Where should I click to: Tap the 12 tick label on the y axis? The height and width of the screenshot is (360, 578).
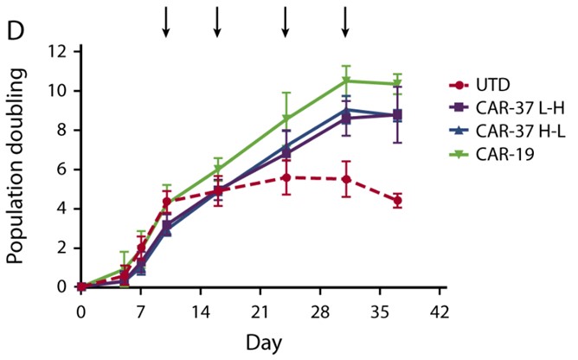tap(59, 52)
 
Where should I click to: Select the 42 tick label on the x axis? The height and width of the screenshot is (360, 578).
tap(439, 311)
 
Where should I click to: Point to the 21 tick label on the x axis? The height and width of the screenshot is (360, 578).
tap(260, 311)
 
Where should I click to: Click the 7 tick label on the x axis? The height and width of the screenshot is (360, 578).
tap(141, 311)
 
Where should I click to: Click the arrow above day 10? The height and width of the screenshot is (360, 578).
tap(166, 22)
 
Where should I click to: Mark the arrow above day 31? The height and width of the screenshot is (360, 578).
tap(345, 22)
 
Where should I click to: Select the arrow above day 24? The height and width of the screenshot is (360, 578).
tap(286, 22)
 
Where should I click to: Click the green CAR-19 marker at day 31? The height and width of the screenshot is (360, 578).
tap(345, 81)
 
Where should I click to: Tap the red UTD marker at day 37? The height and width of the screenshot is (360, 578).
tap(396, 201)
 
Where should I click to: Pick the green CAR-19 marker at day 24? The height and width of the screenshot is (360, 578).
tap(286, 119)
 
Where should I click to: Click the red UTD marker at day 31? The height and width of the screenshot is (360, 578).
tap(345, 179)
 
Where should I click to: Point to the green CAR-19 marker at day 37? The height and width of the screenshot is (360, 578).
tap(396, 84)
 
